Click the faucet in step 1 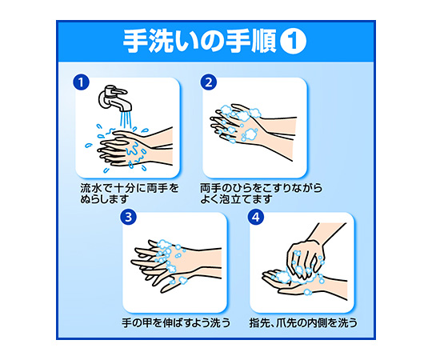[x=114, y=99]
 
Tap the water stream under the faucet [x=126, y=119]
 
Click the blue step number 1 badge [x=81, y=82]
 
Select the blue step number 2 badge [x=209, y=82]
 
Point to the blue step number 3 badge [x=128, y=217]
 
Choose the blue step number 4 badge [x=256, y=217]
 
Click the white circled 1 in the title [x=293, y=42]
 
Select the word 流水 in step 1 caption [x=90, y=189]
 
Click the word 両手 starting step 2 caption [x=210, y=189]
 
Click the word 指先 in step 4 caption [x=259, y=323]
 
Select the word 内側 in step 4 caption [x=318, y=323]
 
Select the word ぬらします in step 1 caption [x=105, y=199]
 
